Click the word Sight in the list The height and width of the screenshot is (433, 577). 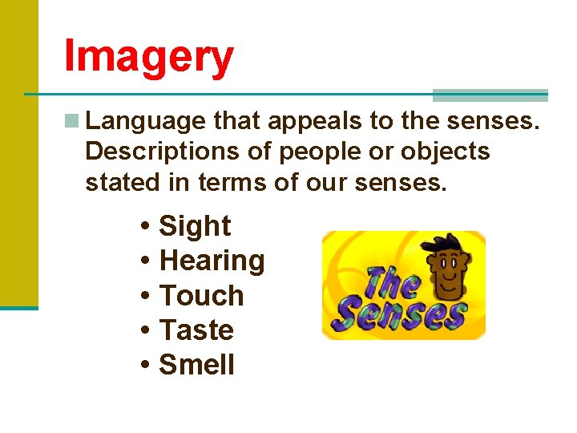click(x=195, y=227)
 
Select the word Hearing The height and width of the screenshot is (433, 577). click(x=212, y=261)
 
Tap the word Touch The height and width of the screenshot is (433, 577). click(x=202, y=296)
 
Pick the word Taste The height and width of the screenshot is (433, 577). click(x=197, y=330)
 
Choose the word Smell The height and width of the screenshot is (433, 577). click(x=197, y=365)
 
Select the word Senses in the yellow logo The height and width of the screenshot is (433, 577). click(x=401, y=315)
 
